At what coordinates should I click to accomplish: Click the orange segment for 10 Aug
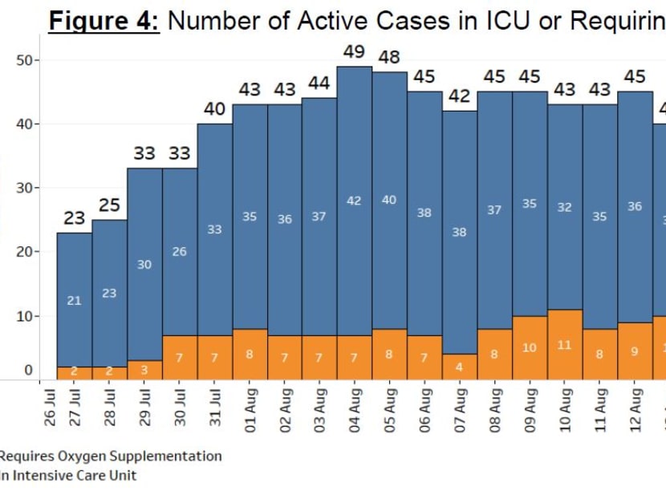click(565, 345)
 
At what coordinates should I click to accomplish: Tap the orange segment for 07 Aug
click(459, 367)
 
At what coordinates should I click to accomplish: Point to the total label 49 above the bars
click(354, 51)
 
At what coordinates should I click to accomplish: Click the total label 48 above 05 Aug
click(389, 58)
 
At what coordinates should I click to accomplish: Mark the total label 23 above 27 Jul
click(74, 218)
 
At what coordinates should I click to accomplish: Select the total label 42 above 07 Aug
click(459, 96)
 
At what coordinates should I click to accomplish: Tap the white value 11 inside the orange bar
click(565, 345)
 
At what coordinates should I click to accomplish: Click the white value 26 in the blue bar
click(179, 252)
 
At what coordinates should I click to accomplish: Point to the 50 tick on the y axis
click(26, 60)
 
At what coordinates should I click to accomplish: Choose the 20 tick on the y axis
click(26, 252)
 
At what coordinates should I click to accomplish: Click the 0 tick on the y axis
click(29, 371)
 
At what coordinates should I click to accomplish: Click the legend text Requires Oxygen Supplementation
click(111, 456)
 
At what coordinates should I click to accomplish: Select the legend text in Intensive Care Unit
click(68, 476)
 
